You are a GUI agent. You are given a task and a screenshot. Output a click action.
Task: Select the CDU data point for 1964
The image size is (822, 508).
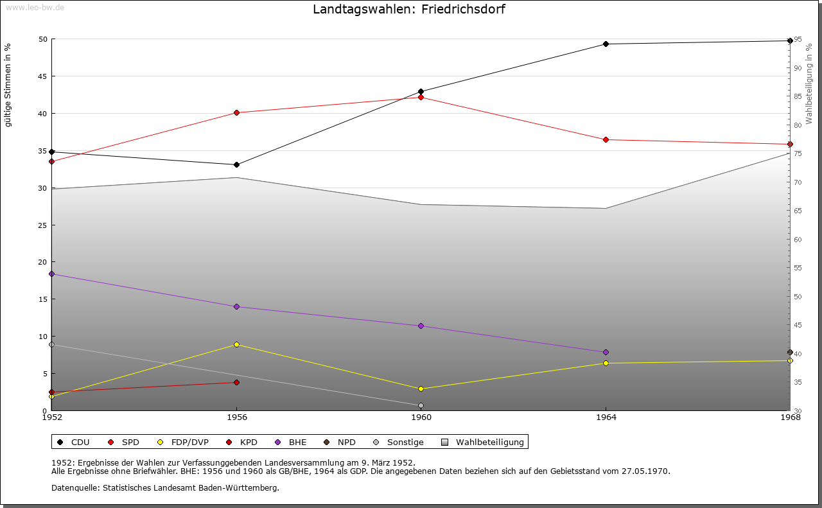pyautogui.click(x=606, y=44)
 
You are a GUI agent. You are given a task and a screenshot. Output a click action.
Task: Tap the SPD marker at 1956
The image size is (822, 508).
pyautogui.click(x=237, y=113)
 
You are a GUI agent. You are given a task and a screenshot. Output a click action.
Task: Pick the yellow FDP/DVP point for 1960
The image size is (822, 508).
pyautogui.click(x=421, y=389)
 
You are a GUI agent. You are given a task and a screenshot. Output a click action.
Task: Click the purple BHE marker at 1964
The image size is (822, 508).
pyautogui.click(x=606, y=353)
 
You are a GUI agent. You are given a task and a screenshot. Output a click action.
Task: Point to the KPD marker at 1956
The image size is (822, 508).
pyautogui.click(x=237, y=383)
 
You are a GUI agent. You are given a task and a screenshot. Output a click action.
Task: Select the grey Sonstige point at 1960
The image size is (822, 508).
pyautogui.click(x=421, y=406)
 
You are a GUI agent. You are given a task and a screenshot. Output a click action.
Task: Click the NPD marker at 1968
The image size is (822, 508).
pyautogui.click(x=790, y=353)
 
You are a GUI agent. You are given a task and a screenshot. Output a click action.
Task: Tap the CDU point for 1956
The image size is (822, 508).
pyautogui.click(x=237, y=165)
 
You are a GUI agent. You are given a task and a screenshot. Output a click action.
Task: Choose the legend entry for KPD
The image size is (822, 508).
pyautogui.click(x=243, y=442)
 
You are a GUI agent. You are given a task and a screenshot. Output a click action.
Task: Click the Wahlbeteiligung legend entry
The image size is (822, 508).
pyautogui.click(x=484, y=442)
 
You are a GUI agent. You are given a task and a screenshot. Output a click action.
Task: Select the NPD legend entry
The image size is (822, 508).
pyautogui.click(x=340, y=442)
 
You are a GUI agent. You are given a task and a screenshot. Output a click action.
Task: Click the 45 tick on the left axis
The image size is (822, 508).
pyautogui.click(x=42, y=76)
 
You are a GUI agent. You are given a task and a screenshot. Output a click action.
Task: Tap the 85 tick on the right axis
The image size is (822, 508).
pyautogui.click(x=797, y=97)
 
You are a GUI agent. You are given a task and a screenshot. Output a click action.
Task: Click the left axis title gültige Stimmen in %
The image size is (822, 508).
pyautogui.click(x=8, y=85)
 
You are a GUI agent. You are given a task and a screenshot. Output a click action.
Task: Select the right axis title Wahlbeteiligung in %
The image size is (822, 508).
pyautogui.click(x=809, y=83)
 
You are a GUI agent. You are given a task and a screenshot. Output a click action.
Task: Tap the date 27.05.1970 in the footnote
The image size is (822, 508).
pyautogui.click(x=645, y=471)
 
